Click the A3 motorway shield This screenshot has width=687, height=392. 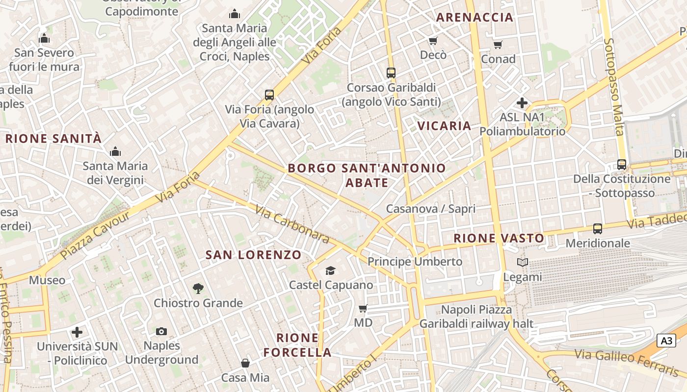(x=666, y=341)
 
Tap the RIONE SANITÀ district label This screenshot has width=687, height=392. (x=53, y=139)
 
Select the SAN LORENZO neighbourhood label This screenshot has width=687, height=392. (x=253, y=255)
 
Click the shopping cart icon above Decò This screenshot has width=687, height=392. (x=433, y=41)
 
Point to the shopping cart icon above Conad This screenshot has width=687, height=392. (x=498, y=45)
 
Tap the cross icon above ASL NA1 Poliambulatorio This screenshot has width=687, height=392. (x=522, y=103)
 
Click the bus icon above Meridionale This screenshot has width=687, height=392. (x=598, y=228)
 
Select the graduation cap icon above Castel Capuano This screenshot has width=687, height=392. (x=331, y=270)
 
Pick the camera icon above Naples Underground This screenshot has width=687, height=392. (x=161, y=332)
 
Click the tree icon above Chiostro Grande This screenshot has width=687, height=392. (x=198, y=289)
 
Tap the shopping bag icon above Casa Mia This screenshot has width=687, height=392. (x=245, y=363)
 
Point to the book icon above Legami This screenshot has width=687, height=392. (x=522, y=263)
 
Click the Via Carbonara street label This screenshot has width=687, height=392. (x=292, y=224)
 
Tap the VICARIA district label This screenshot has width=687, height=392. (x=444, y=126)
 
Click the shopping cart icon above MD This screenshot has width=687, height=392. (x=363, y=308)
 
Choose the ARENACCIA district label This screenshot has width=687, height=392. (x=475, y=18)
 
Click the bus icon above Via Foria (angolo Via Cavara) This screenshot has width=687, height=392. (x=269, y=95)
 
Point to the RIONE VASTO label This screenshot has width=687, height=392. (x=499, y=239)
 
